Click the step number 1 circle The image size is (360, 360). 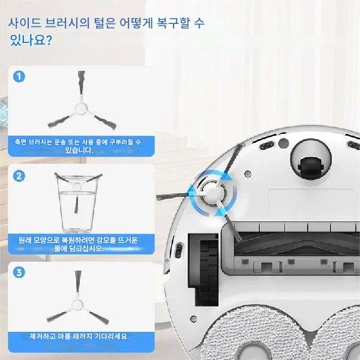click(x=19, y=77)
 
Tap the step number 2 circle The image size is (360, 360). click(x=19, y=176)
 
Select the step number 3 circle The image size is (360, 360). click(x=19, y=272)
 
